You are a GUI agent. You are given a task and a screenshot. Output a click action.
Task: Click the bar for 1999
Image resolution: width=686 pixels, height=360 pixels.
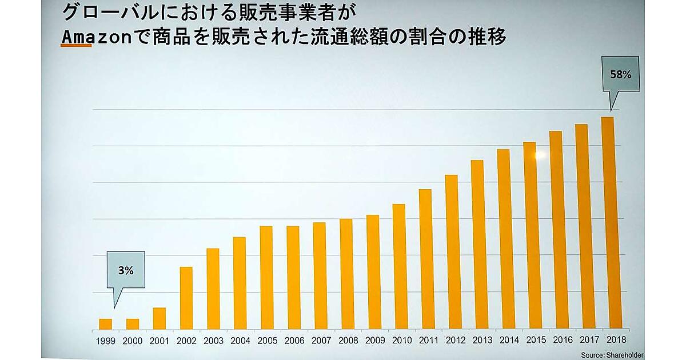(105, 324)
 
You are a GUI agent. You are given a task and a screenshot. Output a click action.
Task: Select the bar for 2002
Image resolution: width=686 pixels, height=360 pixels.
(186, 298)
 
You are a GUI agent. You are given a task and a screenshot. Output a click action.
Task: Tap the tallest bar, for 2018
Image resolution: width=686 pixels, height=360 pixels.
(608, 223)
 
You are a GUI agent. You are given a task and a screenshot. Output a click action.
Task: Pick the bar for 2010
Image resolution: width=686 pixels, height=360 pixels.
(399, 266)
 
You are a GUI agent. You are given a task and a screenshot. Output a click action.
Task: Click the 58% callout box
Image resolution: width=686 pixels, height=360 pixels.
(622, 74)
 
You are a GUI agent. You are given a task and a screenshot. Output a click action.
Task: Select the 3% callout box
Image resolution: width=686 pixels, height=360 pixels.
(126, 271)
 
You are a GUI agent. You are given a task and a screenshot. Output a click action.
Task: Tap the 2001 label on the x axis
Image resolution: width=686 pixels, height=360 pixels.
(159, 341)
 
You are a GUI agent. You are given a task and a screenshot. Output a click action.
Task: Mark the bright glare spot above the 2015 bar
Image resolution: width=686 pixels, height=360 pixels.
(540, 154)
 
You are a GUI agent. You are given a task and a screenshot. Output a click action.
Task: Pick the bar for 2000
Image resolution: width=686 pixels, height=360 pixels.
(133, 324)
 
